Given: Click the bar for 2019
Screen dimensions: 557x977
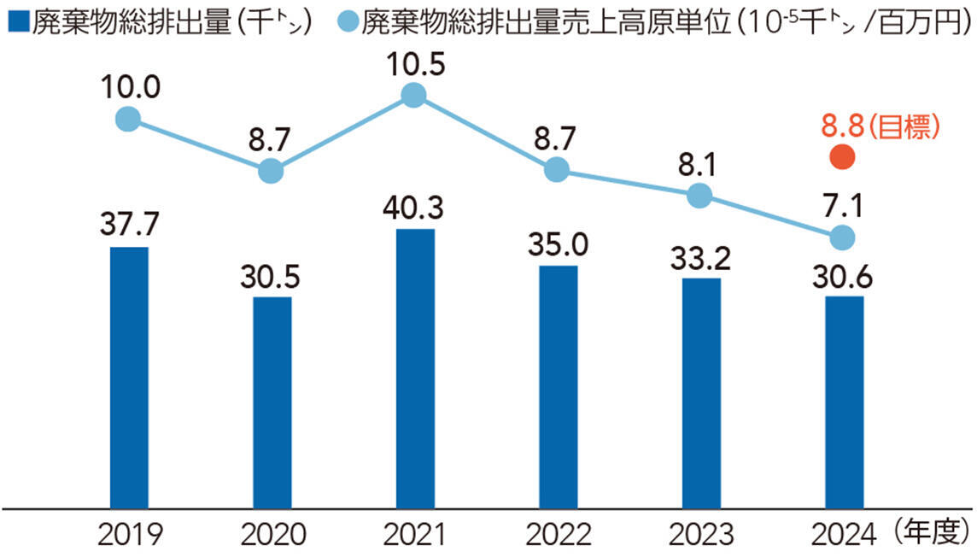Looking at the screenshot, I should tap(129, 376).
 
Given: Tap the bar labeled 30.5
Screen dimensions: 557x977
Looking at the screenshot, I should tap(272, 402).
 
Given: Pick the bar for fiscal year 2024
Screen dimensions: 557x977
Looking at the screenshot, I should tap(844, 402).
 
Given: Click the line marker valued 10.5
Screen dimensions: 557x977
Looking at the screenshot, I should tap(414, 95).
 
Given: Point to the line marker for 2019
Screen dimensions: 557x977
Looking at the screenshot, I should tap(128, 119).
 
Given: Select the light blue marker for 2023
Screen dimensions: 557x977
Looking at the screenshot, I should tap(699, 196).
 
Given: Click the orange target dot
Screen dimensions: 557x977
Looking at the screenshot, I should tap(843, 156).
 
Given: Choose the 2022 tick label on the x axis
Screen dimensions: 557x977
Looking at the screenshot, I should tap(559, 535).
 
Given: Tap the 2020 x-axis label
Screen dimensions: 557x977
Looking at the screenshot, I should tap(273, 535).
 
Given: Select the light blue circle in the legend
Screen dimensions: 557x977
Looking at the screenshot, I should tap(346, 20).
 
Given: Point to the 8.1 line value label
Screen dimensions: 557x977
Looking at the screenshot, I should tap(699, 163).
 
